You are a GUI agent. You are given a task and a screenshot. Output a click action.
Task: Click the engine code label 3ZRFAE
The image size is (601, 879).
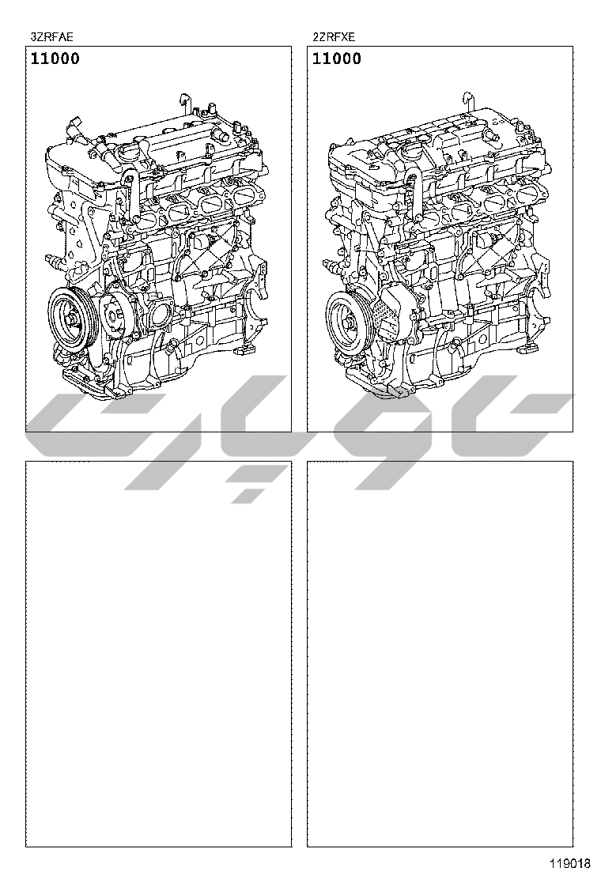(x=51, y=38)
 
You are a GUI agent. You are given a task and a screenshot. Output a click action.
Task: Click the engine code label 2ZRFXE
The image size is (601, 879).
(x=335, y=38)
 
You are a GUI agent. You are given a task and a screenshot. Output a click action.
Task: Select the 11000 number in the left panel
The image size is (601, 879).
(x=55, y=58)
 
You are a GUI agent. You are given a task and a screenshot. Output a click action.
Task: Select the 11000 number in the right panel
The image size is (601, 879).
(x=336, y=58)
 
